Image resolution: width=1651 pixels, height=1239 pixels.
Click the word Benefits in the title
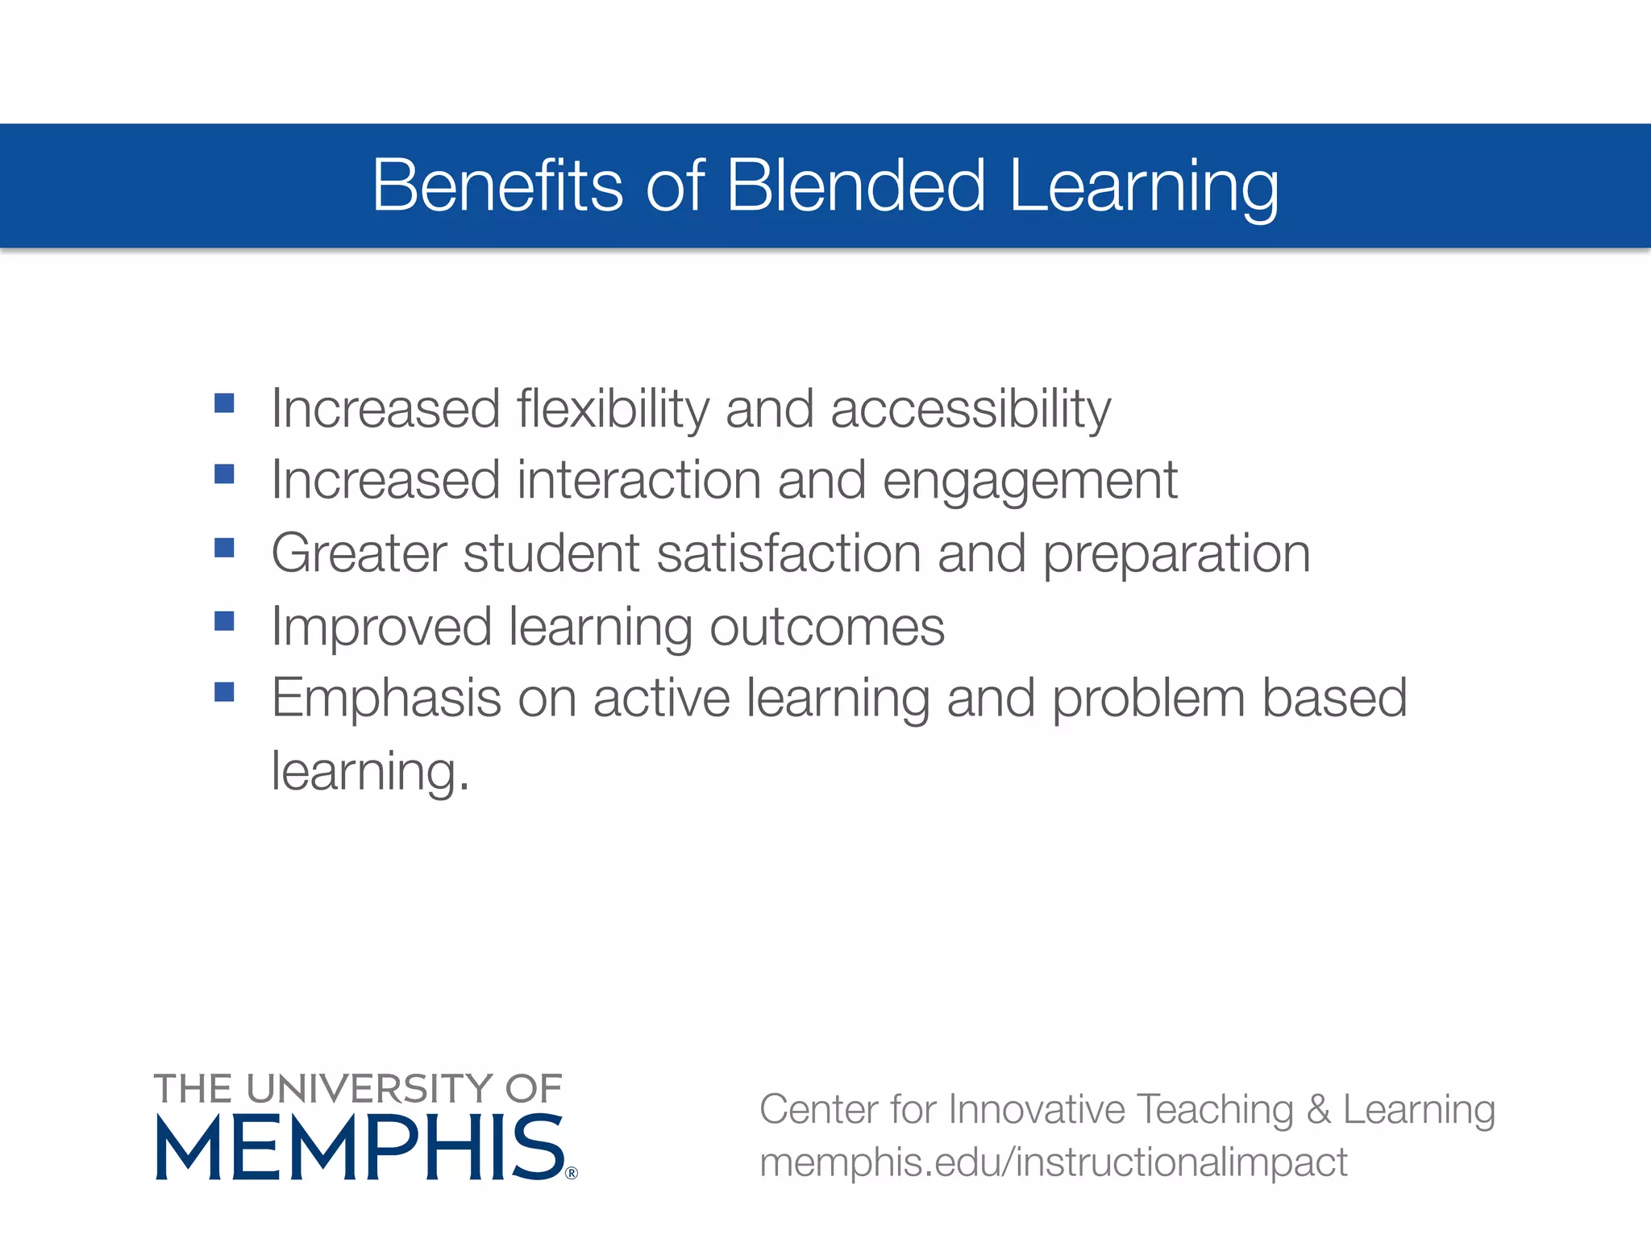(497, 186)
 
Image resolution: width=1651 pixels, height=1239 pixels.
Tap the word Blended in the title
(855, 186)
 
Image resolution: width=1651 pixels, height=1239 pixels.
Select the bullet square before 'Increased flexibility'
(224, 403)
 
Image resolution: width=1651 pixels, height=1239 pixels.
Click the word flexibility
(613, 409)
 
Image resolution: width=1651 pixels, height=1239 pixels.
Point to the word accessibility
(971, 409)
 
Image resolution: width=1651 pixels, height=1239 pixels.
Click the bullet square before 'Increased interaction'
(224, 473)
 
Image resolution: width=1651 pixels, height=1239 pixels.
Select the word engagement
(1029, 482)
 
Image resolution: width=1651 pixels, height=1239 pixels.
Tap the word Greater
(359, 553)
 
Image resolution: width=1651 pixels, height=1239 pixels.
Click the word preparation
(1177, 555)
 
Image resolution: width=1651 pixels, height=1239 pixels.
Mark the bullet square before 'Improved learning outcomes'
(224, 620)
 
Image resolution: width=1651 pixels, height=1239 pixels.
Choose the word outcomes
(826, 627)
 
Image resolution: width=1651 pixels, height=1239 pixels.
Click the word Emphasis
(386, 698)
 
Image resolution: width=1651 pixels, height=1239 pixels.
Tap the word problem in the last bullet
(1148, 699)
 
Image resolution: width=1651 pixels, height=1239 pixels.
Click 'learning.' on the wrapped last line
(370, 772)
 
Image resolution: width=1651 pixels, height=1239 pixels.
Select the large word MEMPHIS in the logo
(360, 1148)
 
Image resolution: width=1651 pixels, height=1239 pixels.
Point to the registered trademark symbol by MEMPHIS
(572, 1173)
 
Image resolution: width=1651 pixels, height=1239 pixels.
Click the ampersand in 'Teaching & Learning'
(1317, 1109)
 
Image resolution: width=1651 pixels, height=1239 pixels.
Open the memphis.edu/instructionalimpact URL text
(1053, 1162)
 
